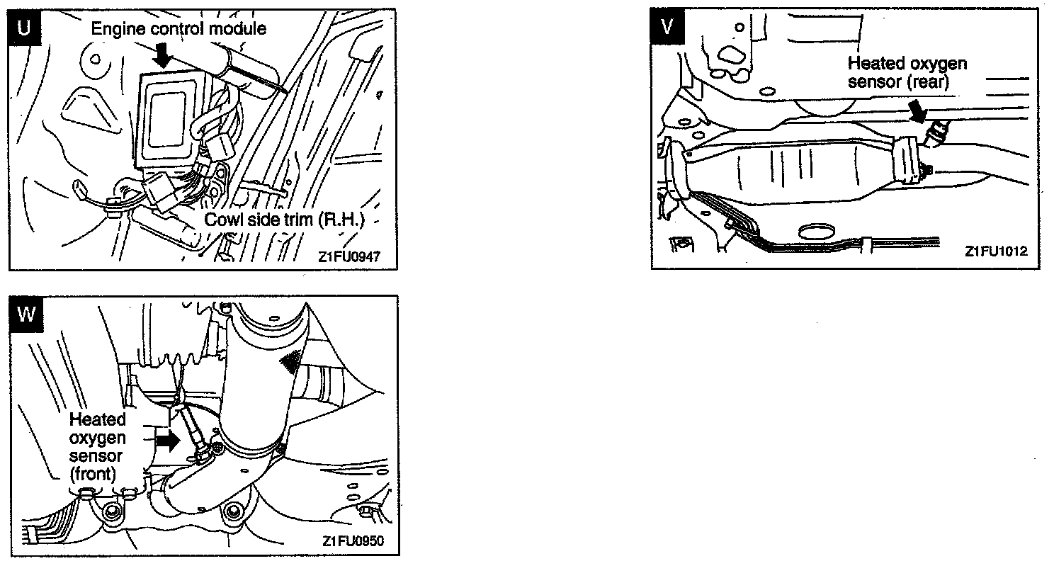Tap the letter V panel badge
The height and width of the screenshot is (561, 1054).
coord(666,26)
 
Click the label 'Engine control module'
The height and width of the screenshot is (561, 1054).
coord(179,29)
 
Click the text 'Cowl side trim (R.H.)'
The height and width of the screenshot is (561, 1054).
coord(284,219)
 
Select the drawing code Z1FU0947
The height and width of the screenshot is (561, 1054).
coord(348,257)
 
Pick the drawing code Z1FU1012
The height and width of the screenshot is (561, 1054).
coord(995,251)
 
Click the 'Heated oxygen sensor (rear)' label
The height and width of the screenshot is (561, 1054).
coord(907,72)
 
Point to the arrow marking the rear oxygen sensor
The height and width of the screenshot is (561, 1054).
coord(919,111)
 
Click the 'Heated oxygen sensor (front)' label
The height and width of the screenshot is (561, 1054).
coord(97,446)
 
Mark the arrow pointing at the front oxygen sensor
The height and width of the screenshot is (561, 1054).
coord(166,440)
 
